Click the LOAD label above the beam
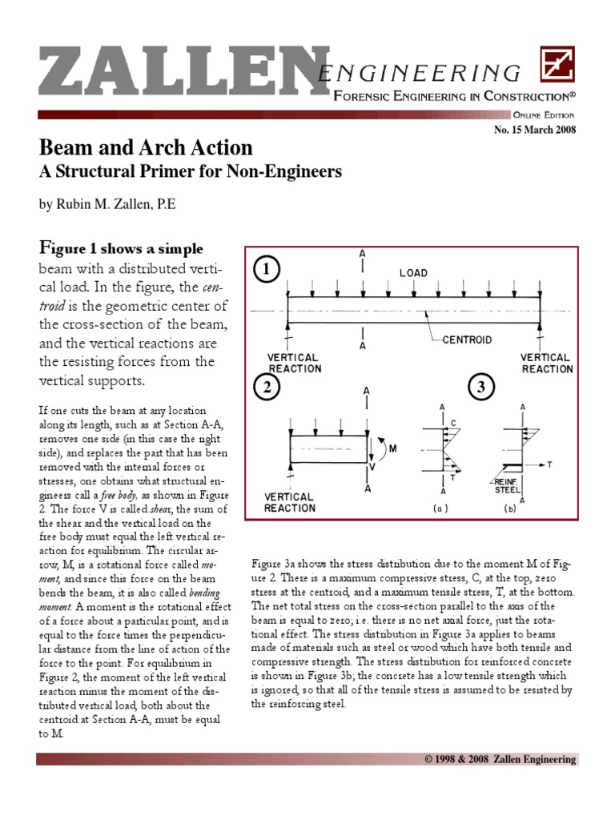coord(413,273)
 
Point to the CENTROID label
coord(468,340)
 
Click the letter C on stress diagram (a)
coord(454,422)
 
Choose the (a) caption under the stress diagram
coord(441,508)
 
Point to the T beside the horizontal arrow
coord(549,464)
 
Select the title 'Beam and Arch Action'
coord(146,147)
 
